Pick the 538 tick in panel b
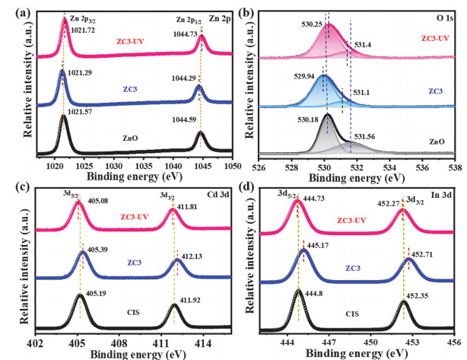[x=454, y=168]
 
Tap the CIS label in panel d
[x=353, y=313]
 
